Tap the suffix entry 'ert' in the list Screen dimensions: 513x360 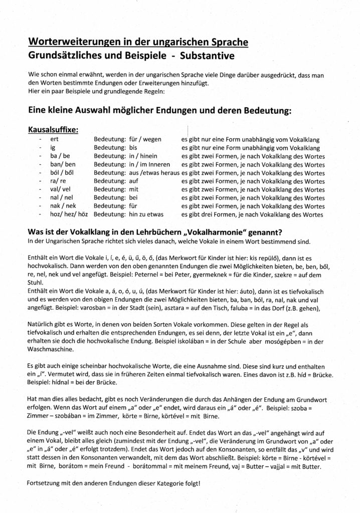click(x=56, y=140)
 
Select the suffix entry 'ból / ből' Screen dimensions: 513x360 click(x=62, y=173)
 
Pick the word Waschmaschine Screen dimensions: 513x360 click(x=55, y=349)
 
